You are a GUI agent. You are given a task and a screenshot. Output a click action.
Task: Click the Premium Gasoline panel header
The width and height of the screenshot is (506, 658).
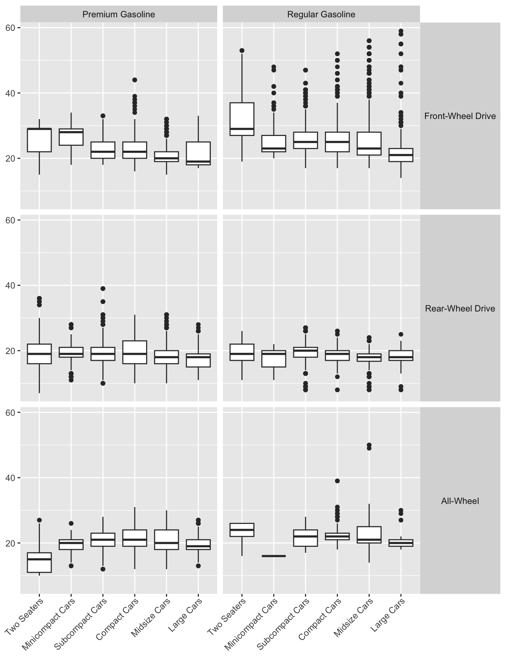pyautogui.click(x=119, y=15)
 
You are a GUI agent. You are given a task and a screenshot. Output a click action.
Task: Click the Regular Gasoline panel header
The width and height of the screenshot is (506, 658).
pyautogui.click(x=321, y=15)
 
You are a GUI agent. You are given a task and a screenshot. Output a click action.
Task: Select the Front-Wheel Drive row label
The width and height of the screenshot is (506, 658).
pyautogui.click(x=460, y=116)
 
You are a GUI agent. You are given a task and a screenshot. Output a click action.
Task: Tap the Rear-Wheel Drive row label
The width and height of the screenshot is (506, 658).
pyautogui.click(x=460, y=308)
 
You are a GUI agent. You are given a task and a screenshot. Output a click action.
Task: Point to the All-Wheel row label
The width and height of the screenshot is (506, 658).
pyautogui.click(x=460, y=501)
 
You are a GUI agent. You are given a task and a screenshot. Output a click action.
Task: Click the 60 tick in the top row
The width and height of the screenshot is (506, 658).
pyautogui.click(x=11, y=28)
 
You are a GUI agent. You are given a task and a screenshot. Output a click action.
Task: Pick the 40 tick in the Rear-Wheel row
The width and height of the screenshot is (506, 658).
pyautogui.click(x=11, y=285)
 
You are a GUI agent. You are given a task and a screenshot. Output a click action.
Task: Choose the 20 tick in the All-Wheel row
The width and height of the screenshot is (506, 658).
pyautogui.click(x=11, y=543)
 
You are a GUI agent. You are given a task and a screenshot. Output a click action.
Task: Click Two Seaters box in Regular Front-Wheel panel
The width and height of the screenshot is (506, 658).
pyautogui.click(x=242, y=119)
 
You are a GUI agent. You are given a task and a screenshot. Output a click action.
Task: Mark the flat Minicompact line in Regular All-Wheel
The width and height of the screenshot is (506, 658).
pyautogui.click(x=274, y=556)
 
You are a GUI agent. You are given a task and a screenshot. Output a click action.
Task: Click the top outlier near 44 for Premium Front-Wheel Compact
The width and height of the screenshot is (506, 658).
pyautogui.click(x=134, y=80)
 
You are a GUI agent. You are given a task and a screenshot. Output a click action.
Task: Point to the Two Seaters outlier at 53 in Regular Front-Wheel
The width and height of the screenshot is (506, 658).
pyautogui.click(x=242, y=50)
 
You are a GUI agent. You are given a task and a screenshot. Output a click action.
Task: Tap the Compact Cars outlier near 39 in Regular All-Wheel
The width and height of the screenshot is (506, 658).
pyautogui.click(x=337, y=481)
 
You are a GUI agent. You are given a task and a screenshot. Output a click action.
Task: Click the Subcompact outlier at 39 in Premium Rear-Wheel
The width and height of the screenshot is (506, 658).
pyautogui.click(x=103, y=289)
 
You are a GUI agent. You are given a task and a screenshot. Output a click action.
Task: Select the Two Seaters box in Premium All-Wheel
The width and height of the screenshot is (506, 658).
pyautogui.click(x=39, y=563)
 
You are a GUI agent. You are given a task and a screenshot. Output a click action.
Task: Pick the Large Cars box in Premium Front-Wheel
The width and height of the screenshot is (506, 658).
pyautogui.click(x=198, y=153)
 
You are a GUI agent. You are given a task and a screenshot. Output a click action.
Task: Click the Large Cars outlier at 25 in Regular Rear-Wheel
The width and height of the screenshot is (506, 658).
pyautogui.click(x=401, y=334)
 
